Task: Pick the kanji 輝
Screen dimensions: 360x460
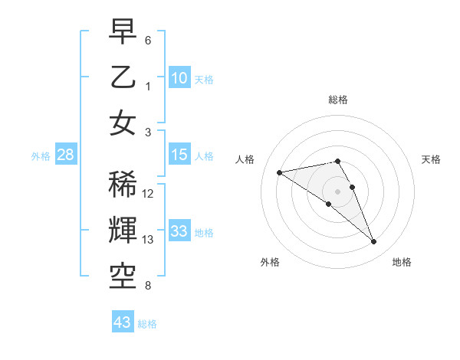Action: point(123,229)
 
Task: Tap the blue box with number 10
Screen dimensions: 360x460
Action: point(179,77)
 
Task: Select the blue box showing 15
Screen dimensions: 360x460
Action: point(179,155)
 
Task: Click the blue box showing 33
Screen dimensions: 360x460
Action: point(179,231)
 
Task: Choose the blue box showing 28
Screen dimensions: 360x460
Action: point(66,155)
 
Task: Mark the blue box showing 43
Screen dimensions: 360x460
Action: point(123,322)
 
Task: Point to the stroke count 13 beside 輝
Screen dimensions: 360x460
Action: point(149,240)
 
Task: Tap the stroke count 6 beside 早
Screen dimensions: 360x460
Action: point(148,40)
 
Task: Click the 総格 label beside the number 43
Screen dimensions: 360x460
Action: point(147,324)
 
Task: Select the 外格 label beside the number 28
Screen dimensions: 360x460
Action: point(41,156)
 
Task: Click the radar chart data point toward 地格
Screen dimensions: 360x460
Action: point(373,242)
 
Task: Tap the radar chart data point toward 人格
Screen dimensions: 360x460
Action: point(280,172)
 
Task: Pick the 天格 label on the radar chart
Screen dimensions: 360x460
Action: point(431,159)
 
